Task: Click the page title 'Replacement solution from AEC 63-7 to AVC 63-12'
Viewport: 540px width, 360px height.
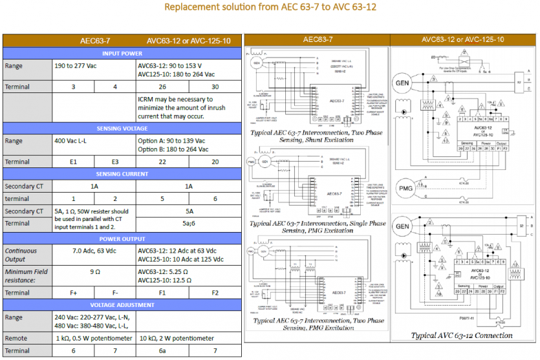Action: (270, 8)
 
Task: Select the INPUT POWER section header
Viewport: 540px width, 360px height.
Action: (123, 53)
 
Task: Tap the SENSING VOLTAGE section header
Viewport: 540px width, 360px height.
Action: (123, 128)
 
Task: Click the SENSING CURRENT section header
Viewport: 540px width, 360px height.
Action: (123, 174)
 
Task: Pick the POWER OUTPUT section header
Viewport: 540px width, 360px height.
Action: (123, 238)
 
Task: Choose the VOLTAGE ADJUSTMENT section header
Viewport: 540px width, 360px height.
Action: (123, 304)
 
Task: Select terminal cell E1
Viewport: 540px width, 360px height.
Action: (74, 162)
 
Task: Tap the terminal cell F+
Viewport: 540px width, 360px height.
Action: (74, 292)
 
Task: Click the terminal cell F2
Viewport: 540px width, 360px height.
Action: (215, 292)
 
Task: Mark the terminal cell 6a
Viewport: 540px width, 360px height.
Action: (162, 351)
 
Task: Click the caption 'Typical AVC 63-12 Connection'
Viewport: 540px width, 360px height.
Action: (462, 335)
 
